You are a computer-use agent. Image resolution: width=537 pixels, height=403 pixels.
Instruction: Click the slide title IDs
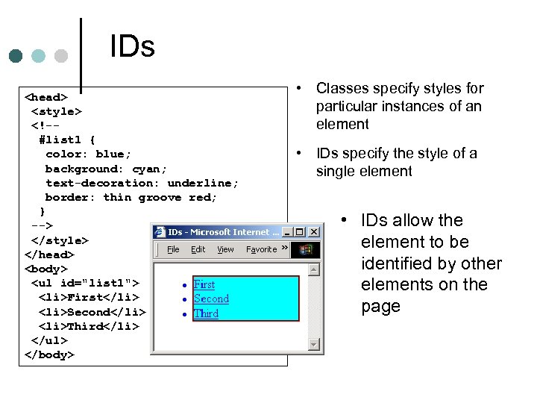pyautogui.click(x=132, y=46)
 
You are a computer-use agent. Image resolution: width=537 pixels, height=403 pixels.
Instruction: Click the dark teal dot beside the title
pyautogui.click(x=16, y=56)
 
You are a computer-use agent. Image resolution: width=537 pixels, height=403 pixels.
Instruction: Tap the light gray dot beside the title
pyautogui.click(x=61, y=56)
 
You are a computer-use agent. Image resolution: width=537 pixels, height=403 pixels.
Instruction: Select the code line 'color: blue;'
pyautogui.click(x=88, y=154)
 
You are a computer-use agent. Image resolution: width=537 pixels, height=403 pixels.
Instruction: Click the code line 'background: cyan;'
pyautogui.click(x=106, y=169)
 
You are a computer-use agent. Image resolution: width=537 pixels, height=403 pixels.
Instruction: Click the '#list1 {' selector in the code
pyautogui.click(x=67, y=140)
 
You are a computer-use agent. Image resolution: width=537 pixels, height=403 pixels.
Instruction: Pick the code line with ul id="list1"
pyautogui.click(x=85, y=283)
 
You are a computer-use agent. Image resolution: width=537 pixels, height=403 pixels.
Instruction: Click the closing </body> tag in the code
pyautogui.click(x=50, y=354)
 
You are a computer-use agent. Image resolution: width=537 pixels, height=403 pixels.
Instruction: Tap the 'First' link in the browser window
pyautogui.click(x=204, y=284)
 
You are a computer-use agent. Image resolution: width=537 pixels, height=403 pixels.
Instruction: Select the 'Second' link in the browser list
pyautogui.click(x=211, y=299)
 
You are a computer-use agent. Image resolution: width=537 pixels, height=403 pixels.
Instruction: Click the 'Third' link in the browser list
pyautogui.click(x=206, y=313)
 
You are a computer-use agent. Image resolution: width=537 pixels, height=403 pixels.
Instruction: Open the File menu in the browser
pyautogui.click(x=173, y=249)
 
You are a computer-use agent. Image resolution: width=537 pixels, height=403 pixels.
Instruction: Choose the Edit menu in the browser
pyautogui.click(x=198, y=249)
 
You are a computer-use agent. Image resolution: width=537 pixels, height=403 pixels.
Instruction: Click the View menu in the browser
pyautogui.click(x=225, y=249)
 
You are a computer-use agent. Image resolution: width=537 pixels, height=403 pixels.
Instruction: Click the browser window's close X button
pyautogui.click(x=314, y=232)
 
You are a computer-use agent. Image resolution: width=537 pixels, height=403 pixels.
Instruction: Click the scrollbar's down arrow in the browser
pyautogui.click(x=314, y=344)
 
